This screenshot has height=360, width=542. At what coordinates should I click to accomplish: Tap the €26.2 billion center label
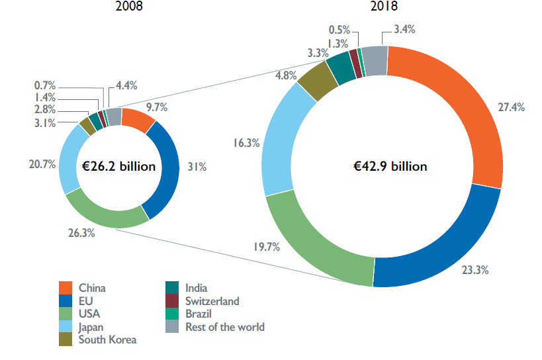click(x=119, y=167)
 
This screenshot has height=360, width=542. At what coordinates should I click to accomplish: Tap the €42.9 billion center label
click(x=390, y=166)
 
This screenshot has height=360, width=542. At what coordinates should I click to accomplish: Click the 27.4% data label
click(x=512, y=107)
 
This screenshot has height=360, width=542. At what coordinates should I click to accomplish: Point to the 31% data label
click(x=197, y=168)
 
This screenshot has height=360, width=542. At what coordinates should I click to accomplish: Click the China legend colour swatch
click(x=66, y=288)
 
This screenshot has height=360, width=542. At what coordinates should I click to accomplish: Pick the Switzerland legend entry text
click(x=212, y=301)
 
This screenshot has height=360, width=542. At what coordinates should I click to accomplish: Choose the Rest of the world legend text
click(x=226, y=327)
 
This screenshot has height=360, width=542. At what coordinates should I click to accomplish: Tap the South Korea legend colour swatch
click(x=66, y=339)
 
